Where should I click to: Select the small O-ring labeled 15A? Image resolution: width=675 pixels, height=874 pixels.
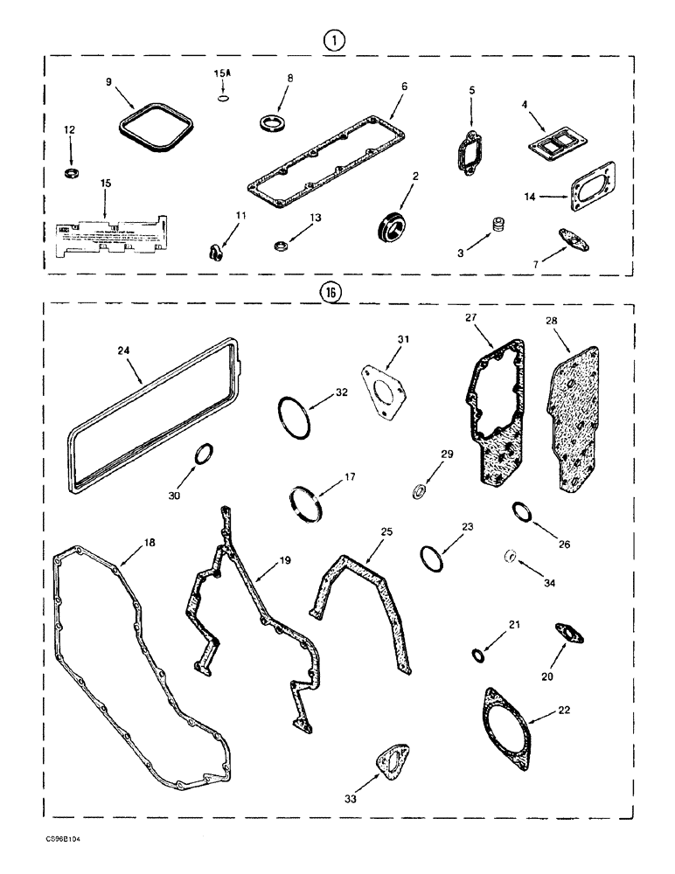tap(223, 100)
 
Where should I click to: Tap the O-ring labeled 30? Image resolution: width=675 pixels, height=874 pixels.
tap(203, 455)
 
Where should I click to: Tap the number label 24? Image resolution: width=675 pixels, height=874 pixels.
tap(122, 351)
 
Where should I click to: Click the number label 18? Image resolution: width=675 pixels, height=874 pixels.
tap(149, 543)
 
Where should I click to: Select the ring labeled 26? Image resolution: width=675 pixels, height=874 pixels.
tap(521, 510)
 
